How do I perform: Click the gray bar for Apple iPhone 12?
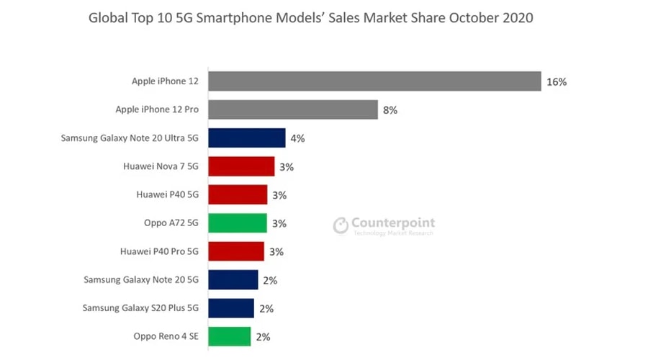(374, 81)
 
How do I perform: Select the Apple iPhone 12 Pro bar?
(293, 110)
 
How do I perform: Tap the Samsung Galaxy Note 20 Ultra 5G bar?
(247, 138)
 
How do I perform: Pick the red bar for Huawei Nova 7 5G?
(241, 166)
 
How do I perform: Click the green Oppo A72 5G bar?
(238, 223)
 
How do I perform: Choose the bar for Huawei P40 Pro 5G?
(236, 251)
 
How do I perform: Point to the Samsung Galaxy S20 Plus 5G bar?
(231, 308)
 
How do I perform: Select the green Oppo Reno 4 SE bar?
(230, 336)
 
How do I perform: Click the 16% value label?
(557, 82)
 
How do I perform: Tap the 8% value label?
(390, 110)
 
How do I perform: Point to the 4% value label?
(297, 138)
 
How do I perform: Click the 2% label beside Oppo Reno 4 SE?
(263, 336)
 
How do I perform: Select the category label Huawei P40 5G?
(167, 195)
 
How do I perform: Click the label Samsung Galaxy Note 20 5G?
(140, 279)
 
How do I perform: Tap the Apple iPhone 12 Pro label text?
(157, 110)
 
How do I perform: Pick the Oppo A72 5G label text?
(171, 223)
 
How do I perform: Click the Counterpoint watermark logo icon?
(341, 226)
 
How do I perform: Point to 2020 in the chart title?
(518, 18)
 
